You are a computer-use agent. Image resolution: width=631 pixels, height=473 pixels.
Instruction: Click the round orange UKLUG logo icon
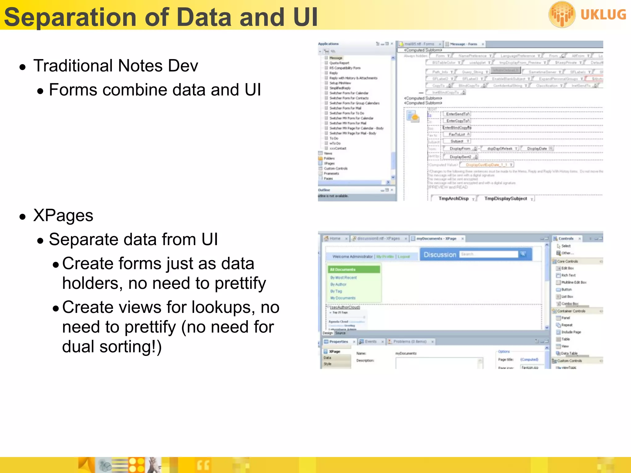(x=562, y=14)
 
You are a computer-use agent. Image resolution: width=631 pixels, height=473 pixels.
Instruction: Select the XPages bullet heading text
(x=63, y=215)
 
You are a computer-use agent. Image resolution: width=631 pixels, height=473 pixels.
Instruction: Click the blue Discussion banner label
(x=440, y=255)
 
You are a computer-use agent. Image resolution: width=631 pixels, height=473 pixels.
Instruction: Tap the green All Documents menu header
(x=343, y=270)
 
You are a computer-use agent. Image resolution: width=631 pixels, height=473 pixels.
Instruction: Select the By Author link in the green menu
(x=338, y=285)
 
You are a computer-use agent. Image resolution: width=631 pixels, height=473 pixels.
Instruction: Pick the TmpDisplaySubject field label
(x=505, y=199)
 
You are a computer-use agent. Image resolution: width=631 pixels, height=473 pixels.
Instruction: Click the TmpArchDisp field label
(x=453, y=199)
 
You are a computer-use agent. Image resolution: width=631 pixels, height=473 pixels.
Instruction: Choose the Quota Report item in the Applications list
(x=339, y=63)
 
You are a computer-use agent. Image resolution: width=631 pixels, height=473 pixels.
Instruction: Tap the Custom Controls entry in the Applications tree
(x=336, y=169)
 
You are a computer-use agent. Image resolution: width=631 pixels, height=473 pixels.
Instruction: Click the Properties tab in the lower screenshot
(x=338, y=342)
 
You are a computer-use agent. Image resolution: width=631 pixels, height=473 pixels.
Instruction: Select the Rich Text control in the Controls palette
(x=568, y=275)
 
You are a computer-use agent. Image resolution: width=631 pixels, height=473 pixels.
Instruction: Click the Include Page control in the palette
(x=571, y=332)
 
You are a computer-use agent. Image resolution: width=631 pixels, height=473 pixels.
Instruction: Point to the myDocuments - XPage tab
(x=436, y=239)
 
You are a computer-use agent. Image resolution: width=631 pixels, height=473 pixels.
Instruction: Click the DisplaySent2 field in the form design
(x=460, y=157)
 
